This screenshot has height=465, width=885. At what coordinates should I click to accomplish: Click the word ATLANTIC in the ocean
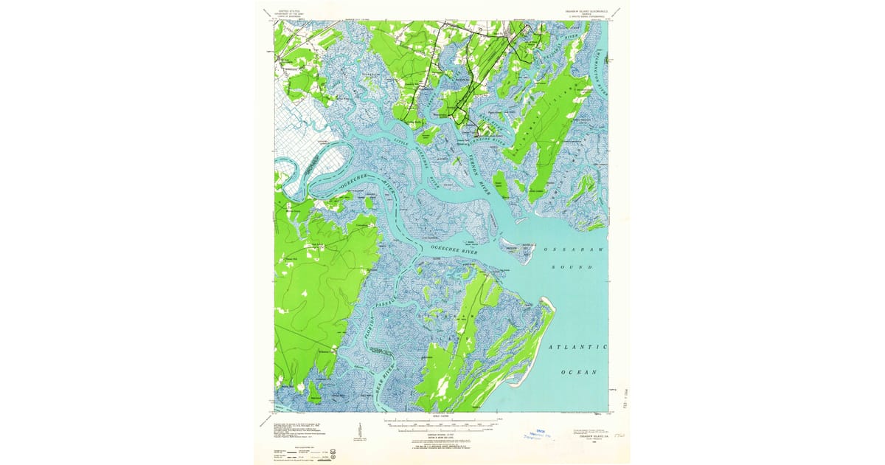577,346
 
